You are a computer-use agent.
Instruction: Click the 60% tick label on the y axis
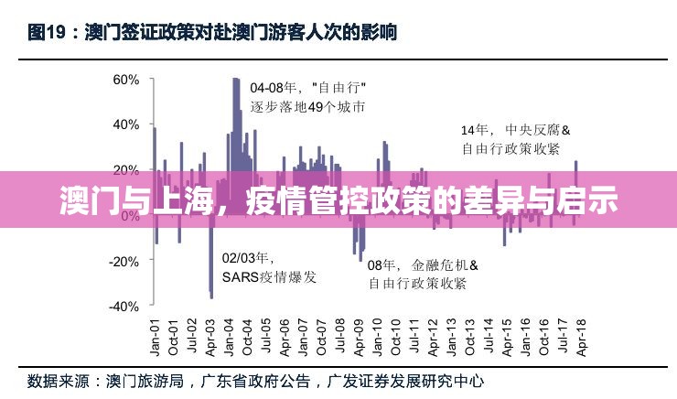124,80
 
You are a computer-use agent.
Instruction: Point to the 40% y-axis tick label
124,124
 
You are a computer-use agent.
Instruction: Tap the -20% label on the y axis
123,261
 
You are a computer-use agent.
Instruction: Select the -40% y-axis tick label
123,307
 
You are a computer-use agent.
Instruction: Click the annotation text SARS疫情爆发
269,277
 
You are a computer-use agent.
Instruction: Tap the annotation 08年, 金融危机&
416,265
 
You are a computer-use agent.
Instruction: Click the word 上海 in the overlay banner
178,199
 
